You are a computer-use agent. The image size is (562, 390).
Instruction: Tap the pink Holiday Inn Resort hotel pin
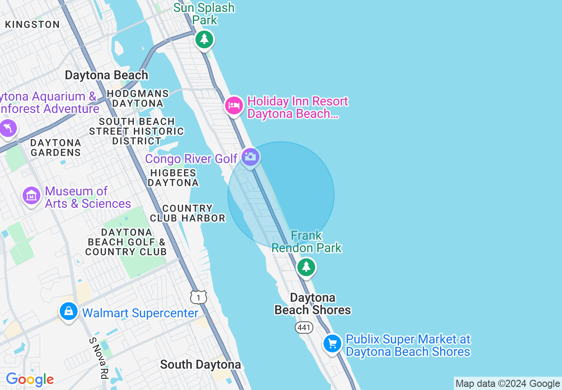(234, 106)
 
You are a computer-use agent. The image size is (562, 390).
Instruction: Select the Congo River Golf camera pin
(250, 157)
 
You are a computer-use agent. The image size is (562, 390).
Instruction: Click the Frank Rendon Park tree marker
(306, 267)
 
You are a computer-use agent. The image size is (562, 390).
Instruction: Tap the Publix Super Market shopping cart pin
(332, 343)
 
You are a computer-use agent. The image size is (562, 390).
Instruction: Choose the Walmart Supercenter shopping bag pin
(69, 311)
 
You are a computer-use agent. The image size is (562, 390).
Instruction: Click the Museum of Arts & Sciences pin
(31, 195)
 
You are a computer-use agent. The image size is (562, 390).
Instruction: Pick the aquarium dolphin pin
(8, 129)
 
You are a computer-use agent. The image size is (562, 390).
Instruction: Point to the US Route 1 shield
(199, 297)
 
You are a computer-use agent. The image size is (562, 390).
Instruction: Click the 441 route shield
(304, 328)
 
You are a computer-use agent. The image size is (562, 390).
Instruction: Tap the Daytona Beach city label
(106, 75)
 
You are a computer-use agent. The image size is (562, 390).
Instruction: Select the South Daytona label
(200, 365)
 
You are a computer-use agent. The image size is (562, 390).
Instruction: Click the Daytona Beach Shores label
(312, 304)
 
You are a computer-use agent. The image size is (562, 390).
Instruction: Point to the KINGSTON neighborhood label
(32, 25)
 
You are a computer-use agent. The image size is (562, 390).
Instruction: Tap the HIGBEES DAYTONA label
(173, 178)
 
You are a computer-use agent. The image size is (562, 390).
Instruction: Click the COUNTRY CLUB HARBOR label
(187, 213)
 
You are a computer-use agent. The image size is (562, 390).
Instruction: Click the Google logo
(30, 379)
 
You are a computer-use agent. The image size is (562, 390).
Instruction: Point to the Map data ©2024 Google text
(507, 384)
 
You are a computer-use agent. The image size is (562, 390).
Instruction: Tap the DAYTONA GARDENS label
(56, 148)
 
